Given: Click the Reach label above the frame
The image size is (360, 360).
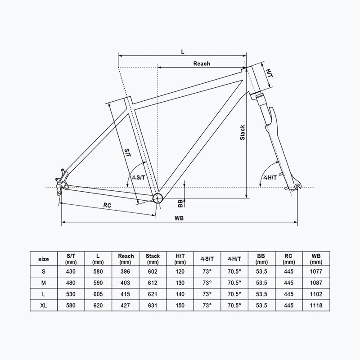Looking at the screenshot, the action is coord(201,63).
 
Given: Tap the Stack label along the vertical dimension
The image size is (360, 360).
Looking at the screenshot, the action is coord(242,132).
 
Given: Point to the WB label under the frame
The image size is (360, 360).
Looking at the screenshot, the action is coord(179,218).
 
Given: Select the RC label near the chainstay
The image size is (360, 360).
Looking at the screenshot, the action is coord(107,205).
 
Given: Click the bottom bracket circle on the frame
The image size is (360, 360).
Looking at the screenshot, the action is coord(158,198).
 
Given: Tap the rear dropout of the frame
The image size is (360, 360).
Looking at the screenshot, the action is coord(61,181).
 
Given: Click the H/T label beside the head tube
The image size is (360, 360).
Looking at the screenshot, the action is coord(269,73).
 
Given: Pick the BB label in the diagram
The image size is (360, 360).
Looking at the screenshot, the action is coord(180,203).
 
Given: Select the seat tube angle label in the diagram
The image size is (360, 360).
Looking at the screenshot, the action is coord(139,177).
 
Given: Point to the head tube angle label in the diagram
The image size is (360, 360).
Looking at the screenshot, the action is coord(270,177).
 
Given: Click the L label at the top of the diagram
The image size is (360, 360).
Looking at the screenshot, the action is coord(183,52).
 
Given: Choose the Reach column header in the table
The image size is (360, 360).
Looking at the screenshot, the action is coord(126,259).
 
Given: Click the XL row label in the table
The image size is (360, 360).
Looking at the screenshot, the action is coord(43,306).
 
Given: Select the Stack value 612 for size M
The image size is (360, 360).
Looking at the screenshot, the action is coord(153,283).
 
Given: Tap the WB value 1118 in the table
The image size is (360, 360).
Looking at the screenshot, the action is coord(316,306).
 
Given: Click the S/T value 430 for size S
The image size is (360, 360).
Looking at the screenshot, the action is coord(71,272).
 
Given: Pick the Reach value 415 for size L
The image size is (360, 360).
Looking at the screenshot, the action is coord(126,294).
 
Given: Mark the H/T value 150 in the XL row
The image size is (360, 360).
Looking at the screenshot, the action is coord(180,306).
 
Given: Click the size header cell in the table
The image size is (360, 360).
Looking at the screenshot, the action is coord(44,259).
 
